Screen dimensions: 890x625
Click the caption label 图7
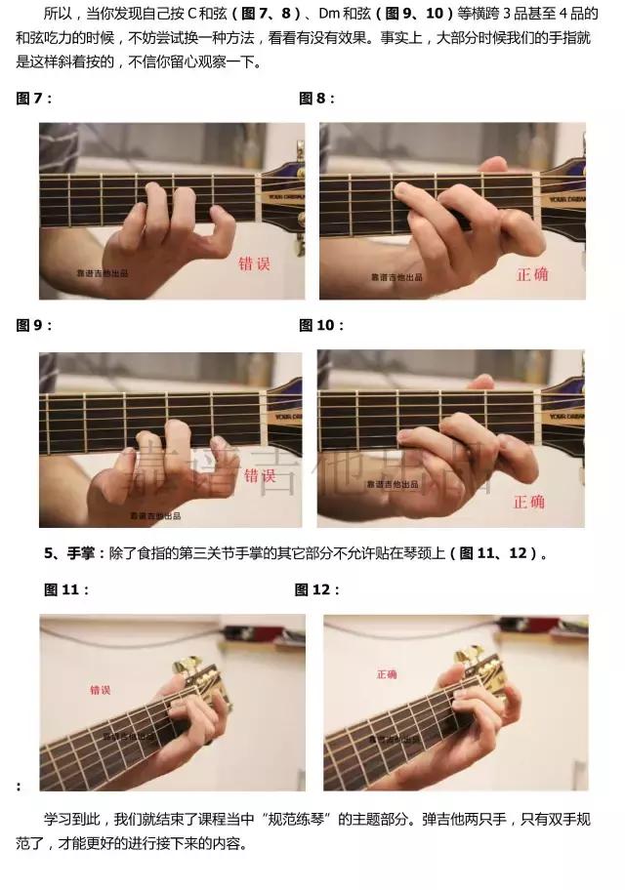[33, 99]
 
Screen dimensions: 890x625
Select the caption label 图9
[33, 325]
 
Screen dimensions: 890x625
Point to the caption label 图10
[319, 325]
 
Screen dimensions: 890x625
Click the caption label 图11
[67, 589]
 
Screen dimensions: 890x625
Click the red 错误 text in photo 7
[256, 263]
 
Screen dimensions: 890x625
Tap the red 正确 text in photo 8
[532, 274]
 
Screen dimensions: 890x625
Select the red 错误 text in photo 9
[260, 476]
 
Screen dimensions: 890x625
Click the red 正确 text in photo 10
[529, 502]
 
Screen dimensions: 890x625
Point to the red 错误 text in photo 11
[101, 690]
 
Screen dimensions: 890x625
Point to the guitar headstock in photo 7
[285, 195]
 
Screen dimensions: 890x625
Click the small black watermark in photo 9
[155, 515]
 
